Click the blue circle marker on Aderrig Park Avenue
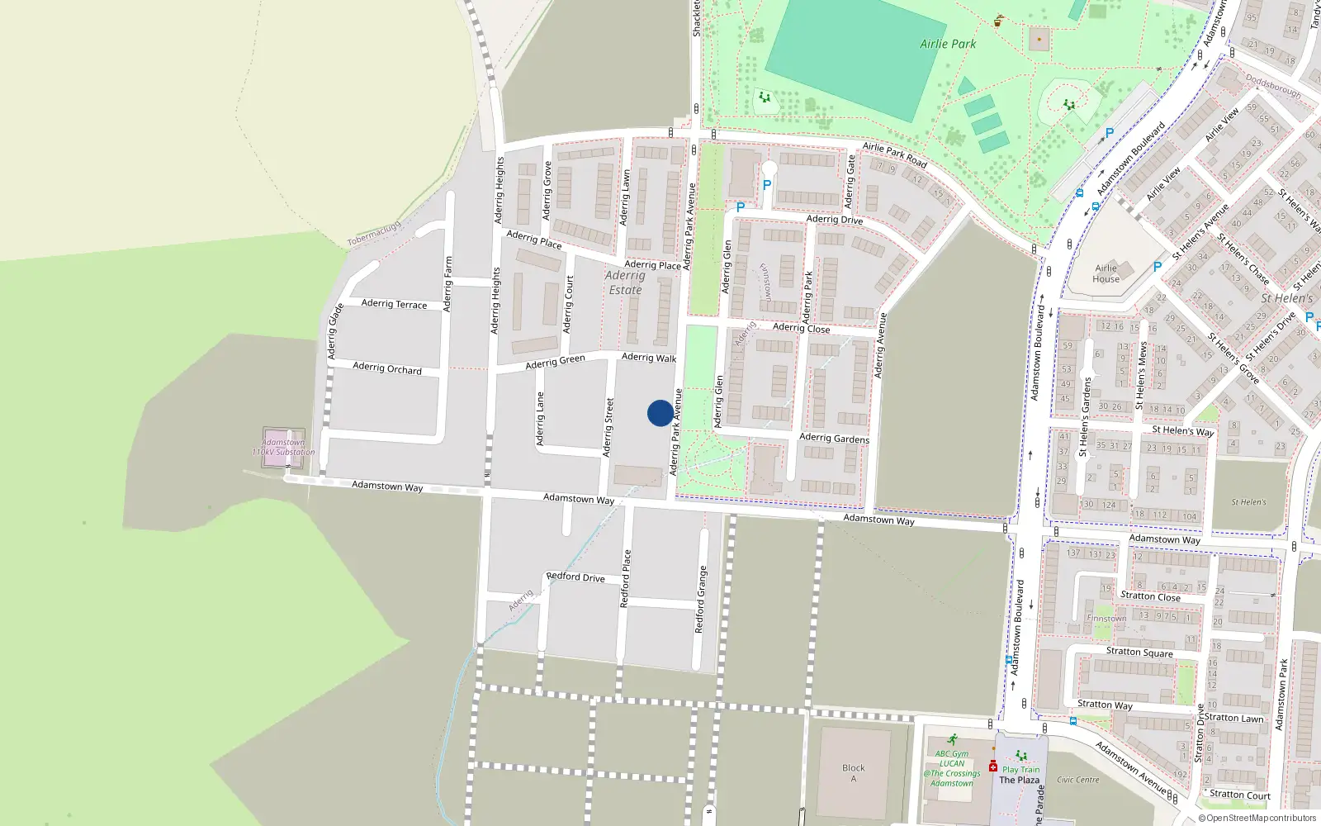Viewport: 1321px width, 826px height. pos(660,413)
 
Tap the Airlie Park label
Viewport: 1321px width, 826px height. pos(948,44)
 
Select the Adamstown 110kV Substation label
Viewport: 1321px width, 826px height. pos(283,447)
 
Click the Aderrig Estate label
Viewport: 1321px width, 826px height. pos(625,282)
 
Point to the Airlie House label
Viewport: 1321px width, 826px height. pos(1106,273)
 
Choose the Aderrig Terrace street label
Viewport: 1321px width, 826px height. pos(394,304)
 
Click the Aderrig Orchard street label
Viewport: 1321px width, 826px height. pos(386,368)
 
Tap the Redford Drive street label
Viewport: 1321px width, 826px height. pos(575,577)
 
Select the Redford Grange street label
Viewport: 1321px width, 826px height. pos(701,599)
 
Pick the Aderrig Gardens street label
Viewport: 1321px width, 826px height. pos(834,438)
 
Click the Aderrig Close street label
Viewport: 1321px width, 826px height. pos(801,328)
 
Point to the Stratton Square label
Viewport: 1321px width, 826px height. pos(1139,652)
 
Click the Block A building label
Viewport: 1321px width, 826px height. pos(854,773)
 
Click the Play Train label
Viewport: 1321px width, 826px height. pos(1021,769)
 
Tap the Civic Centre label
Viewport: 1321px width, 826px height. pos(1077,780)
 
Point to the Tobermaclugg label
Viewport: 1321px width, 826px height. pos(374,232)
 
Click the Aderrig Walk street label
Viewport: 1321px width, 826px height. pos(648,358)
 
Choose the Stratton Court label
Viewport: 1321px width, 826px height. pos(1239,795)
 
